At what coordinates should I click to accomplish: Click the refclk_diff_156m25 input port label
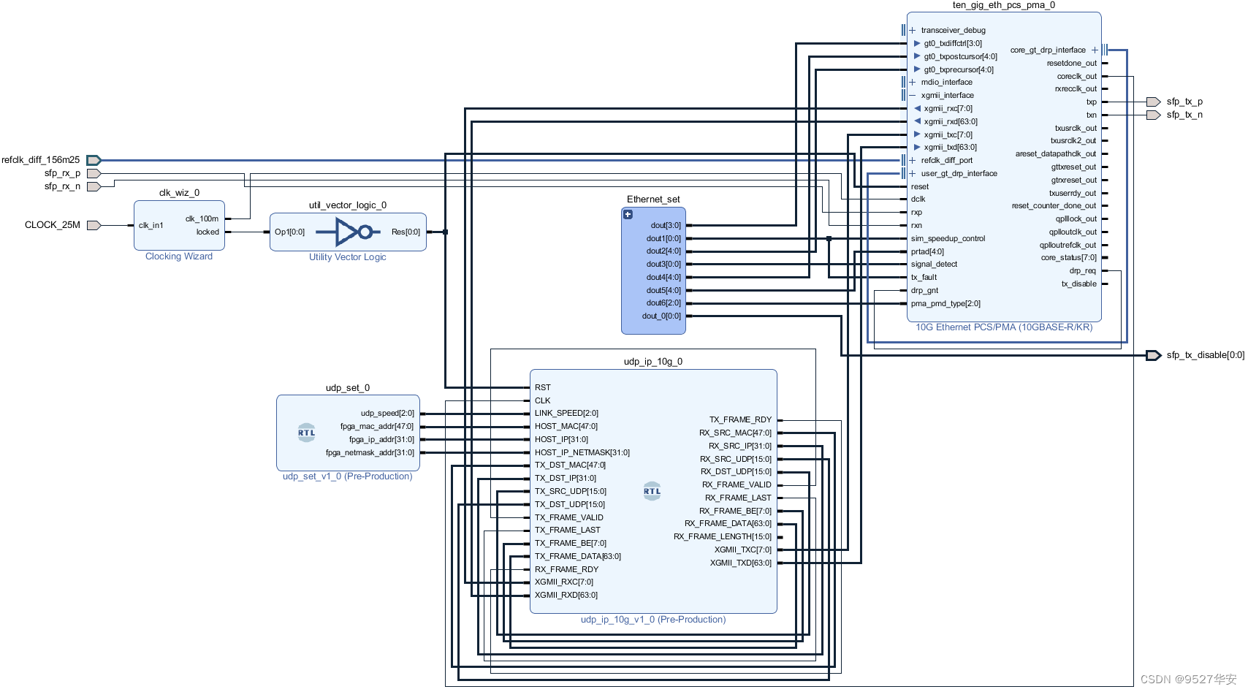pyautogui.click(x=41, y=160)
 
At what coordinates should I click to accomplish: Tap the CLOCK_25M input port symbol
pyautogui.click(x=94, y=225)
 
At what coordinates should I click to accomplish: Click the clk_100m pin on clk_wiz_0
pyautogui.click(x=202, y=218)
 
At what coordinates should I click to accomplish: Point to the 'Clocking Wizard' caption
pyautogui.click(x=179, y=256)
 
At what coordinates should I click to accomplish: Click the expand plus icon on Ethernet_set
pyautogui.click(x=628, y=215)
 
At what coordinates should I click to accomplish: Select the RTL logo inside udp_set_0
pyautogui.click(x=307, y=433)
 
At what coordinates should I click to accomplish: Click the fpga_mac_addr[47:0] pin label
pyautogui.click(x=377, y=427)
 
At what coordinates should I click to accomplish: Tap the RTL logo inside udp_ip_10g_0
pyautogui.click(x=652, y=491)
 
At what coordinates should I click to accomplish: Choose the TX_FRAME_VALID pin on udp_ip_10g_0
pyautogui.click(x=569, y=517)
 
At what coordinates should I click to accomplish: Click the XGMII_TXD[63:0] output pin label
pyautogui.click(x=741, y=563)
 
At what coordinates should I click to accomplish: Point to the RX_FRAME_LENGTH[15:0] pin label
pyautogui.click(x=723, y=537)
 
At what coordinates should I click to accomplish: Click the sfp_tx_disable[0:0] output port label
pyautogui.click(x=1205, y=356)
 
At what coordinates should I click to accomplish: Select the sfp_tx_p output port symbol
pyautogui.click(x=1153, y=102)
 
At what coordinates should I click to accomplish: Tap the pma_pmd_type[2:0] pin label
pyautogui.click(x=945, y=304)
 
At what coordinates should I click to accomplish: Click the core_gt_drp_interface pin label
pyautogui.click(x=1048, y=50)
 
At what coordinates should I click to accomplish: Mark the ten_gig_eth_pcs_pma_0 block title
pyautogui.click(x=1003, y=5)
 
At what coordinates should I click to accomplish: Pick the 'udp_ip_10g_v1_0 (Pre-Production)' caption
pyautogui.click(x=653, y=620)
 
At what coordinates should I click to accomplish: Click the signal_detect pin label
pyautogui.click(x=934, y=265)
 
